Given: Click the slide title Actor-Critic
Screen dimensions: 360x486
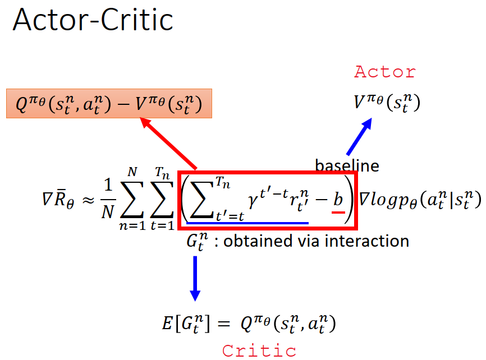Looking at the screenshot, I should pyautogui.click(x=93, y=21).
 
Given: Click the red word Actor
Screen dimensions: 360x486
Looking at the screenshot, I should pyautogui.click(x=385, y=72).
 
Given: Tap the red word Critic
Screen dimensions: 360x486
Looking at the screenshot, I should pyautogui.click(x=259, y=350).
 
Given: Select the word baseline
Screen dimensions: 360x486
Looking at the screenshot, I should pyautogui.click(x=347, y=165).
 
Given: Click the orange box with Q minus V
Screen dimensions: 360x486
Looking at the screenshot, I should pyautogui.click(x=109, y=103).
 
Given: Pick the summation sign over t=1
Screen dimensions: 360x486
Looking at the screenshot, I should pyautogui.click(x=163, y=200).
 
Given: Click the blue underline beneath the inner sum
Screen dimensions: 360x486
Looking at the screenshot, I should pyautogui.click(x=247, y=223).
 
